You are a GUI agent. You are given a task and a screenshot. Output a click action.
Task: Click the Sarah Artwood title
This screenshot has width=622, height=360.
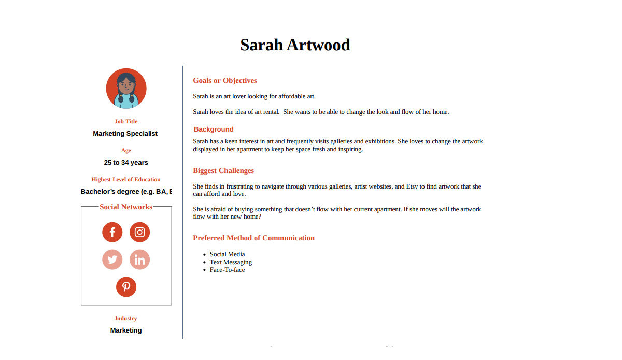(295, 45)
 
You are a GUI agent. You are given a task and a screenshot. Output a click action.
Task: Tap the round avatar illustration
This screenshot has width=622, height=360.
(126, 89)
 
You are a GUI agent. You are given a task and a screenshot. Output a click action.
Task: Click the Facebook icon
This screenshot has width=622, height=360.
(112, 232)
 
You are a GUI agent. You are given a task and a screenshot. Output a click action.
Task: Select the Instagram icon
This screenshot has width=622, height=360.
(139, 232)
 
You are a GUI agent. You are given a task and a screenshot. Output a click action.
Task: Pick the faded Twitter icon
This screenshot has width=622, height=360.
(112, 260)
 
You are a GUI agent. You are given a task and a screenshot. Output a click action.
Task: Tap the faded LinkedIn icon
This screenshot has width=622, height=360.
(139, 260)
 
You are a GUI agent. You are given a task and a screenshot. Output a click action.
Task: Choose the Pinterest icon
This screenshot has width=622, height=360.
(126, 287)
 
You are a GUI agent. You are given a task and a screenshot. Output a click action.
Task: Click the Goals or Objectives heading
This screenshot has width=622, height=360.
(225, 81)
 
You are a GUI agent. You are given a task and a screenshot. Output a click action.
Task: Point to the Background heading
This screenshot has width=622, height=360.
(214, 129)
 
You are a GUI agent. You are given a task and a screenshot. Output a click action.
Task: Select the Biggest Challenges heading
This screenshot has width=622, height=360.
(223, 171)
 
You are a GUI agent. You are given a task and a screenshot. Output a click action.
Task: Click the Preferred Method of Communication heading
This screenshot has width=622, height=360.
(253, 238)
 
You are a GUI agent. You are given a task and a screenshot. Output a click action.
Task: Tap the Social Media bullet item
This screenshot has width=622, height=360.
(227, 254)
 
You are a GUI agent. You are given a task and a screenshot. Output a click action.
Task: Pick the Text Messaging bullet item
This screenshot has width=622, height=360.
(231, 262)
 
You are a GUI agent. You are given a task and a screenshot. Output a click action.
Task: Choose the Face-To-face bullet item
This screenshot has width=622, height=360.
(227, 270)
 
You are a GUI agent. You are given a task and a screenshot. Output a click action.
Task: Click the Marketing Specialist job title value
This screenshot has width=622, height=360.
(125, 134)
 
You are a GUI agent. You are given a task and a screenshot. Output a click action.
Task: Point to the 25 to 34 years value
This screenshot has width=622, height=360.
(126, 163)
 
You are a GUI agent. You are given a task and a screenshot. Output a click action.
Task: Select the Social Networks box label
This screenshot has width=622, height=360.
(126, 207)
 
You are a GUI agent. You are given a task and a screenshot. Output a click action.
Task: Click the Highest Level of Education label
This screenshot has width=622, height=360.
(126, 180)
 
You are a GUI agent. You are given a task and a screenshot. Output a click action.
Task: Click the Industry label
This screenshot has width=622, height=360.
(126, 319)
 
